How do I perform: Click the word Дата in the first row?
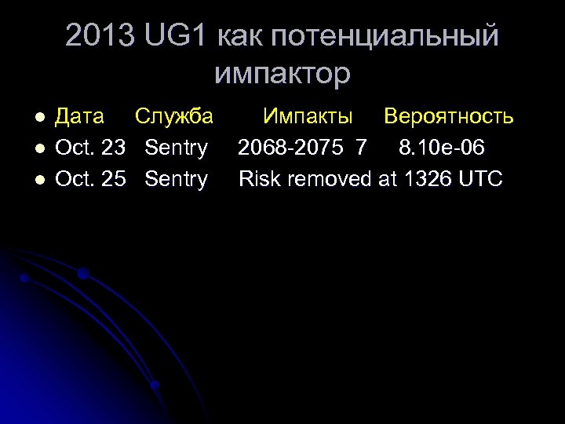79,117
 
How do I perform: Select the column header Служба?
173,117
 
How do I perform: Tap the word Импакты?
308,117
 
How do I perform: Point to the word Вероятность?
448,117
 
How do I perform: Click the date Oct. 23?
90,148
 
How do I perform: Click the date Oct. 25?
90,179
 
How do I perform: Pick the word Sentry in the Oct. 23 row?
177,148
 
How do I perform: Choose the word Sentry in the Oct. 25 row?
177,179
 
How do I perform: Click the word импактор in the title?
282,73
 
